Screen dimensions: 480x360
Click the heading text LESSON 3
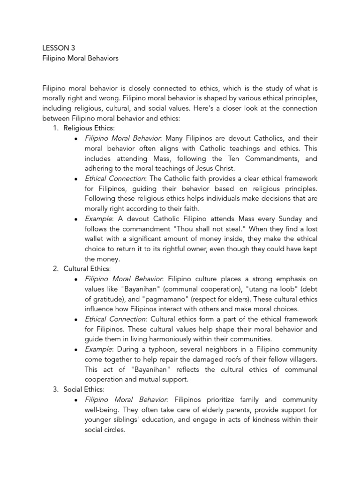[58, 48]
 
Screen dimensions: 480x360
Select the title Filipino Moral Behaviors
[81, 59]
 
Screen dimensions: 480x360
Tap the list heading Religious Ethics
[89, 128]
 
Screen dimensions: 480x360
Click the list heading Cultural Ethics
[87, 269]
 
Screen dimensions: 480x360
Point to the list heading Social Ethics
[84, 390]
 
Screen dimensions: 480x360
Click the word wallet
[95, 239]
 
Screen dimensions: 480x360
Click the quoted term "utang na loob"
[266, 289]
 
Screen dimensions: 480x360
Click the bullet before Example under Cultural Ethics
[75, 350]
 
